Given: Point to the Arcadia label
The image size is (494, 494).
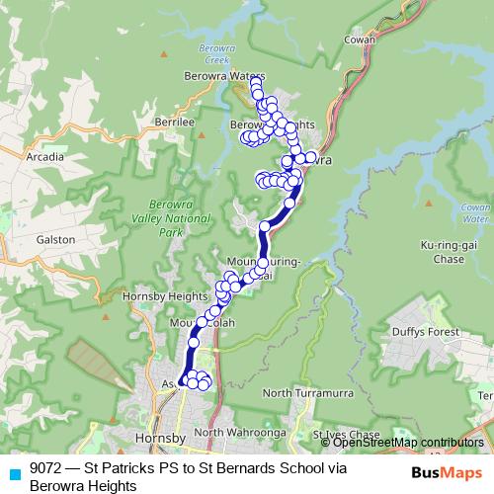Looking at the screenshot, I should pyautogui.click(x=45, y=156).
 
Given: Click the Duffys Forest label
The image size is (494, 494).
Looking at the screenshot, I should pyautogui.click(x=425, y=332).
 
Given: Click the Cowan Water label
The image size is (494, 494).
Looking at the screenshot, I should pyautogui.click(x=476, y=213).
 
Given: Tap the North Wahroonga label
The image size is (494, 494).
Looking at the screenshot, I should pyautogui.click(x=233, y=433).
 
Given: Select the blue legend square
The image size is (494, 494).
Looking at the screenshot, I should pyautogui.click(x=14, y=472).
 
